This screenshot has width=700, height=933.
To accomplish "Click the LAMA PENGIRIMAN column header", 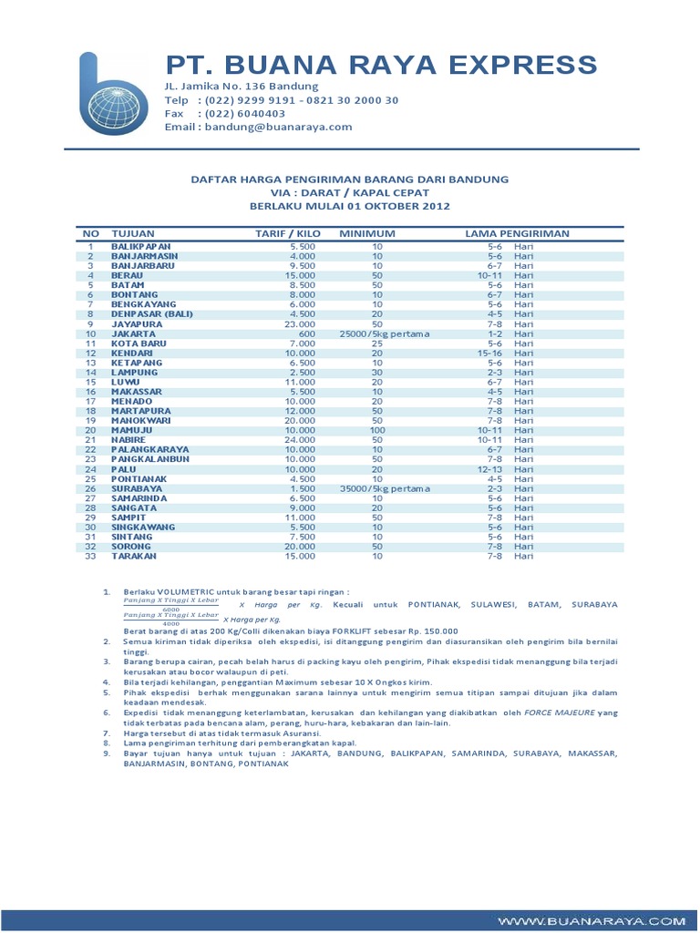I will (517, 234).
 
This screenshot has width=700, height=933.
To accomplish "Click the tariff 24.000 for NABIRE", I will (301, 439).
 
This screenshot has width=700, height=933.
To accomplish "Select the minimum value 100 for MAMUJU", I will (377, 430).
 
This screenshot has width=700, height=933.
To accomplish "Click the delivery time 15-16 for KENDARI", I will (489, 354).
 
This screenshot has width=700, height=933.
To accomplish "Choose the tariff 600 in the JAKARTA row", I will (305, 334).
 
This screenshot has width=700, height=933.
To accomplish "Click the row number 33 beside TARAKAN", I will (90, 556).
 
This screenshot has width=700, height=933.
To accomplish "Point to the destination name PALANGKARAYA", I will (151, 449).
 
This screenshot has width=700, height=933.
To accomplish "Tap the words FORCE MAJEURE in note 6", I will (562, 713).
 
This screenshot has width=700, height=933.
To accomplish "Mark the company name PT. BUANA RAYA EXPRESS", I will (380, 66).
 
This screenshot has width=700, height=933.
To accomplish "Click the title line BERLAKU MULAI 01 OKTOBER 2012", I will (350, 206).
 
